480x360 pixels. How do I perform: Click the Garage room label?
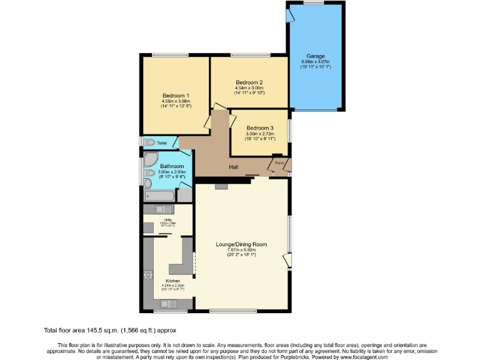pos(315,56)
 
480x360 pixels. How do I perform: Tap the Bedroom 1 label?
pos(176,95)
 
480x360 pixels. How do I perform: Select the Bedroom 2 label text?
pos(249,82)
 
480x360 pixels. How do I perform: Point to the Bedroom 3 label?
pos(259,127)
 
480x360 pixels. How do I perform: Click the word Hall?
pos(233,167)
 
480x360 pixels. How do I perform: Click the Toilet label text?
pos(162,143)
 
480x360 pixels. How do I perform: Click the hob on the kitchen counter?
pos(149,275)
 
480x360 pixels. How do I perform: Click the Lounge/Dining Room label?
pos(242,244)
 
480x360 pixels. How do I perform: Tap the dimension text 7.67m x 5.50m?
pos(242,250)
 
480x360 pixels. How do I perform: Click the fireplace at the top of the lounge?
pos(221,186)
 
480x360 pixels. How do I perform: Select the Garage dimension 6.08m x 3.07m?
pos(315,61)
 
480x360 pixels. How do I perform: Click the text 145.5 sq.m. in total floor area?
pos(101,329)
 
